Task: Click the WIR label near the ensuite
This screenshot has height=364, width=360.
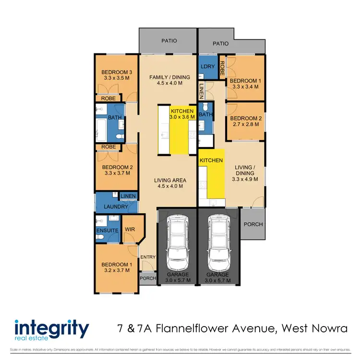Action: pyautogui.click(x=129, y=230)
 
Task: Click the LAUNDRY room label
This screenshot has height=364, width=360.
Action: pyautogui.click(x=115, y=207)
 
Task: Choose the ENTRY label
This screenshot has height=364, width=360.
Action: pyautogui.click(x=148, y=257)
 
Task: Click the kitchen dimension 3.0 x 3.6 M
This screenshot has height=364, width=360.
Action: pyautogui.click(x=182, y=117)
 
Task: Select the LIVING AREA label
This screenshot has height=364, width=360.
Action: pyautogui.click(x=170, y=181)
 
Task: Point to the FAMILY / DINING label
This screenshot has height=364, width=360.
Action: pyautogui.click(x=169, y=77)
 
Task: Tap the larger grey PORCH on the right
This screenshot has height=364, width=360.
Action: pyautogui.click(x=253, y=224)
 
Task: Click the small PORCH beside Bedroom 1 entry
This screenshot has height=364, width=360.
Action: pyautogui.click(x=147, y=279)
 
